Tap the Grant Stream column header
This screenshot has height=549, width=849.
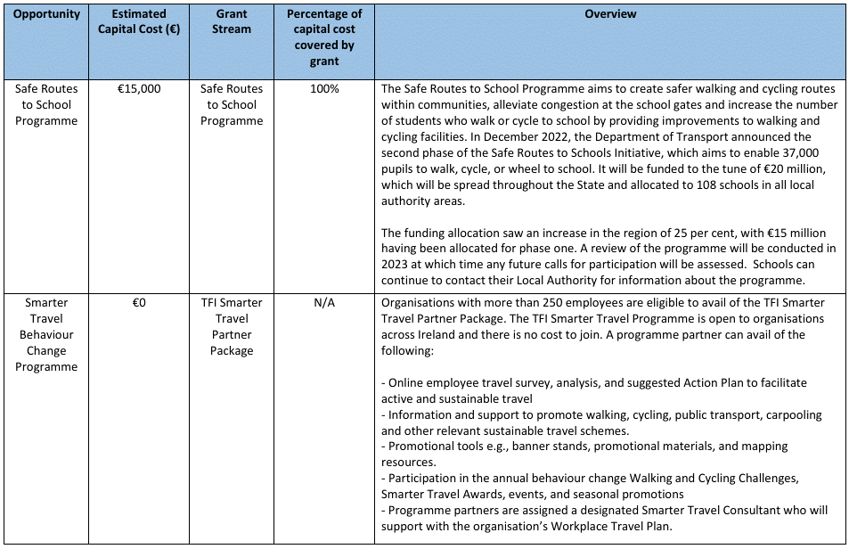pos(232,22)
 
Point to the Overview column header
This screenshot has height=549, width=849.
pos(610,14)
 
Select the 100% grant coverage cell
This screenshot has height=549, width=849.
pos(324,89)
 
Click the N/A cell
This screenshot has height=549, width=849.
pos(324,303)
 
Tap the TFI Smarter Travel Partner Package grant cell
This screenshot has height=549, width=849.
pos(232,327)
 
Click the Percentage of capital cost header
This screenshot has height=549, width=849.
pos(324,37)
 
